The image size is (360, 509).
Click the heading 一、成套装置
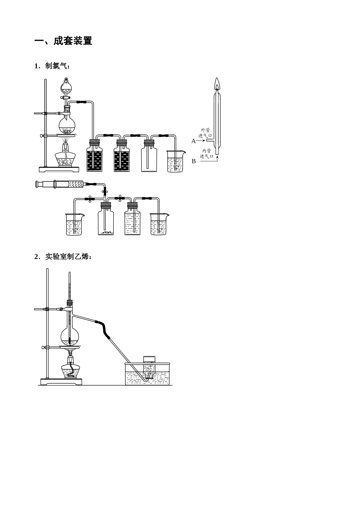[x=63, y=41]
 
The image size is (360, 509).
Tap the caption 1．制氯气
[x=52, y=66]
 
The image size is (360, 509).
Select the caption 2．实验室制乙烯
[x=63, y=257]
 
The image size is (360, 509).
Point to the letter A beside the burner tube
[x=193, y=141]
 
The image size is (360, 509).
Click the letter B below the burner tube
[x=194, y=161]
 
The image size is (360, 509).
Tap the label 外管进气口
[x=205, y=133]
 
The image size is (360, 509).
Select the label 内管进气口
[x=207, y=153]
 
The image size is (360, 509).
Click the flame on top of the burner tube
[x=217, y=84]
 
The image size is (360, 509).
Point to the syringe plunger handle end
[x=38, y=184]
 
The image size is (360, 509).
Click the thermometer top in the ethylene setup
[x=70, y=274]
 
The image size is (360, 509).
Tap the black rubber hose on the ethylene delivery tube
[x=104, y=328]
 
